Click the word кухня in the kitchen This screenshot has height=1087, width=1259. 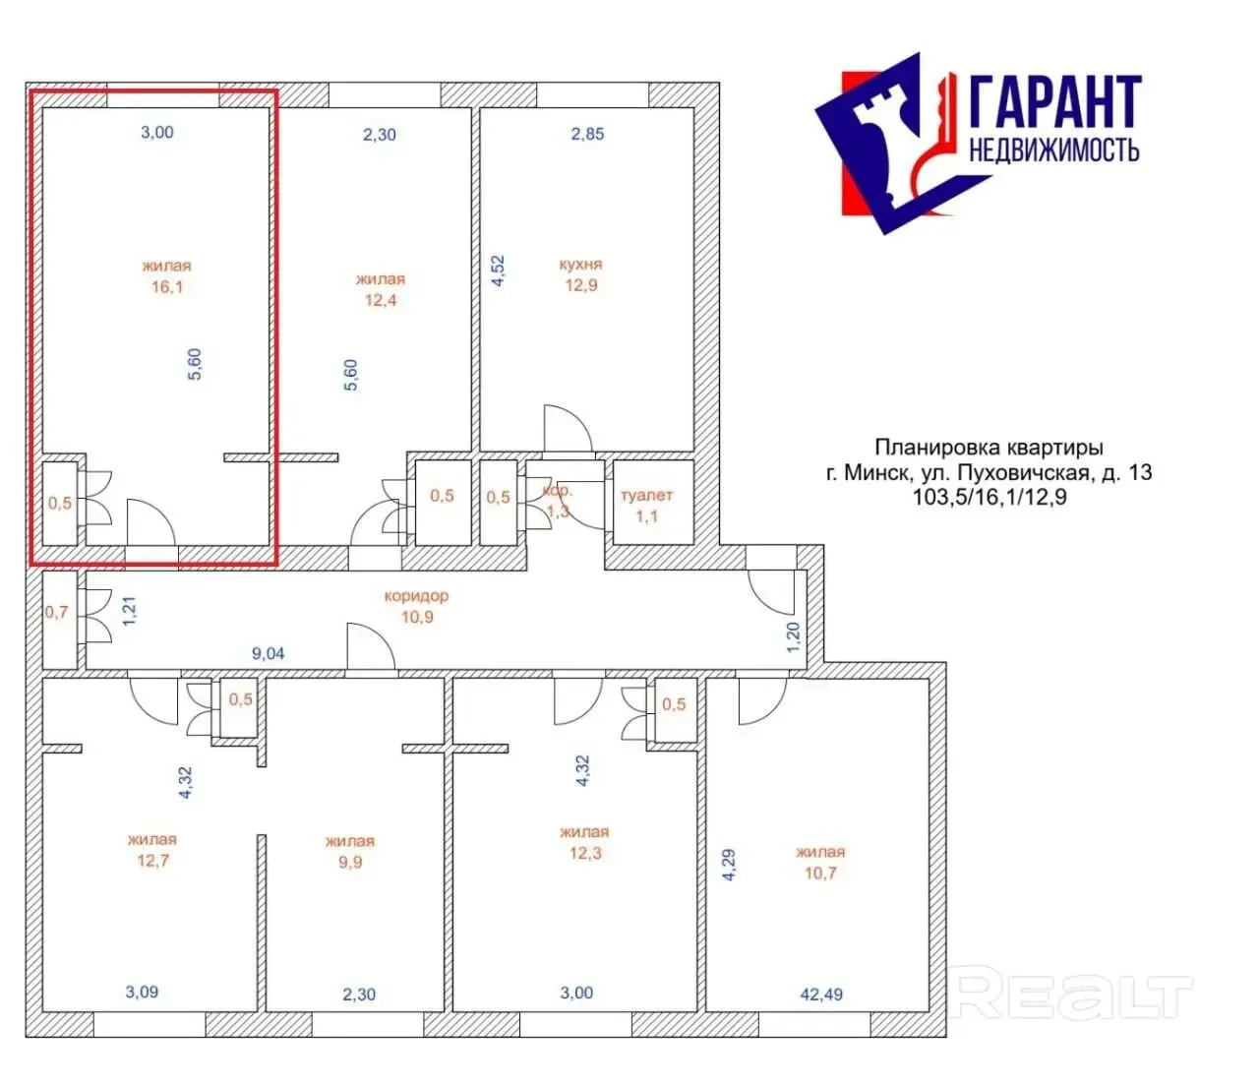point(580,265)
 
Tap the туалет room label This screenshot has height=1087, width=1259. point(646,496)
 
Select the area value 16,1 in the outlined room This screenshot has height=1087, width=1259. point(167,286)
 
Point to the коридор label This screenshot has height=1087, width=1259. point(417,596)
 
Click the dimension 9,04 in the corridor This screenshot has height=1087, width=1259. point(268,654)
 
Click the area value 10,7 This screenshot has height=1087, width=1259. point(820,874)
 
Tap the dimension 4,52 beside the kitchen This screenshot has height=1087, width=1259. point(498,271)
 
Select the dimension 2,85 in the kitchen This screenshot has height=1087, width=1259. point(587,134)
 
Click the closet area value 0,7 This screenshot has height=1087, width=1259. point(57,612)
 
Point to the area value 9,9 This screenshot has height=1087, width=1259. point(350,862)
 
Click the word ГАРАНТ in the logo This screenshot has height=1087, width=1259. point(1055,101)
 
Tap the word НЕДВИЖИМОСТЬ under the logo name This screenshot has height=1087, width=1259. point(1053,150)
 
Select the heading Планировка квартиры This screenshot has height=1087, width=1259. point(989,448)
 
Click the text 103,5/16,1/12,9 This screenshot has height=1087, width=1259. point(989,497)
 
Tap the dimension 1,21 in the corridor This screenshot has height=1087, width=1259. point(129,611)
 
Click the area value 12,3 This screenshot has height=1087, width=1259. point(585,853)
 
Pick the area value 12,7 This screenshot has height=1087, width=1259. point(152,861)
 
